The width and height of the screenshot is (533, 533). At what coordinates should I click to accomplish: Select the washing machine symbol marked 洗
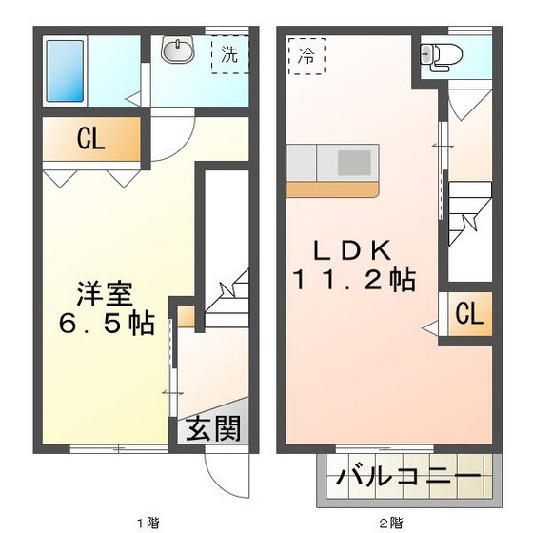[229, 54]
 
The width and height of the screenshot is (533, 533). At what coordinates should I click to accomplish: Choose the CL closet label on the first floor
[90, 141]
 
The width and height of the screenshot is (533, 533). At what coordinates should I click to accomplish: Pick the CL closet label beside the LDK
[467, 312]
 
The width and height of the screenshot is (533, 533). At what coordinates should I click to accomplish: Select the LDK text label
[352, 249]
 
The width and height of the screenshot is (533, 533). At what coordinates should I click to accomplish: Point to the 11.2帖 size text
[353, 282]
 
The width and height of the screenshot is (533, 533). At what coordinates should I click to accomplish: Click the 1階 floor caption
[147, 522]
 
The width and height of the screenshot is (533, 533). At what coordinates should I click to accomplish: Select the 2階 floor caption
[391, 522]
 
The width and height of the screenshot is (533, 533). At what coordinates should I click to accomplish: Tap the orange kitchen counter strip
[332, 188]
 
